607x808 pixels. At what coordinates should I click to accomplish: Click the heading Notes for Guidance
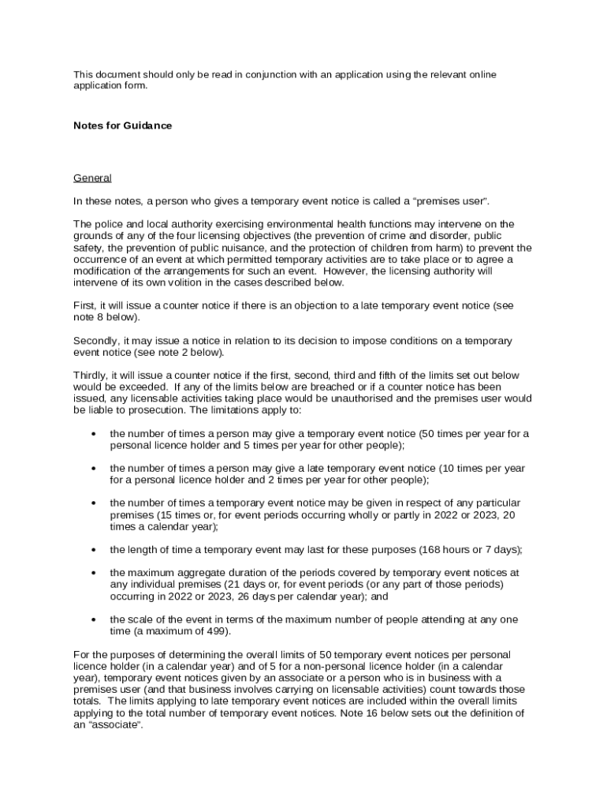[x=122, y=125]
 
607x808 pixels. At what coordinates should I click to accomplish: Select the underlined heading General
[x=92, y=178]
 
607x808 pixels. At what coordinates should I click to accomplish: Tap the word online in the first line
[x=480, y=74]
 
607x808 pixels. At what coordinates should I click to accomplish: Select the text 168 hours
[x=443, y=549]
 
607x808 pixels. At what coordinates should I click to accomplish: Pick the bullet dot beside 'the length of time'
[x=94, y=550]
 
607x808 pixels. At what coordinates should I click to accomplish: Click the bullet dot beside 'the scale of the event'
[x=94, y=619]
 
